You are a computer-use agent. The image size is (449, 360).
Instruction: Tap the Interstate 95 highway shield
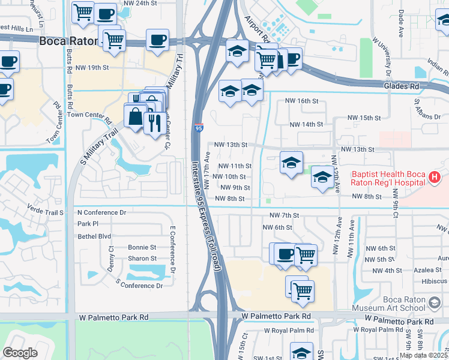(198, 128)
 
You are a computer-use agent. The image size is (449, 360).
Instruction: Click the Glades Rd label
(402, 87)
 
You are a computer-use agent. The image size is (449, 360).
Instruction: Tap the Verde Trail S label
(46, 212)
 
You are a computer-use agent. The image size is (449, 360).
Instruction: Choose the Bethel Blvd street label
(94, 236)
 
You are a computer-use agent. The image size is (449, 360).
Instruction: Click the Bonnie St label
(142, 247)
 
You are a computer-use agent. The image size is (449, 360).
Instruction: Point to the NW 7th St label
(284, 215)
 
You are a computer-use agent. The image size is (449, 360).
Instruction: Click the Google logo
(20, 353)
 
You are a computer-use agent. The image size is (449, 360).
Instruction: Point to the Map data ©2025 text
(423, 355)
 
